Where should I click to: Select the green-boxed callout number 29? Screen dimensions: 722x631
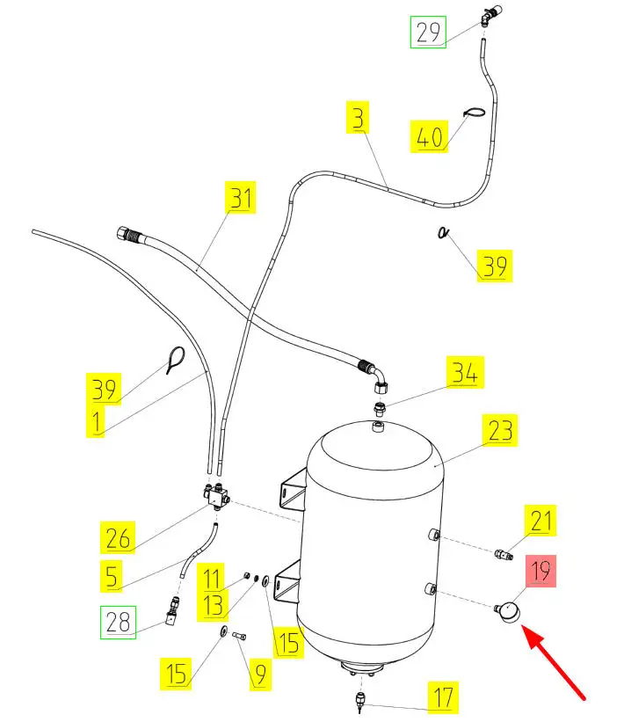[428, 33]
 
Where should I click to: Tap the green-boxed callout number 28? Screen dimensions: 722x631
[118, 624]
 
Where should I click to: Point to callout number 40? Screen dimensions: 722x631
[428, 136]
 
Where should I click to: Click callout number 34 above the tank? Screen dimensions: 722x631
[464, 373]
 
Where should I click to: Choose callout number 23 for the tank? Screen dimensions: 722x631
[499, 432]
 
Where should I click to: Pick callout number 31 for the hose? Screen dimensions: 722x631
[241, 198]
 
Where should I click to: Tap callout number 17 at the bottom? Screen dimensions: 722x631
[443, 698]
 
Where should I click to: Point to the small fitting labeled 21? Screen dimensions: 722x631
[502, 554]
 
